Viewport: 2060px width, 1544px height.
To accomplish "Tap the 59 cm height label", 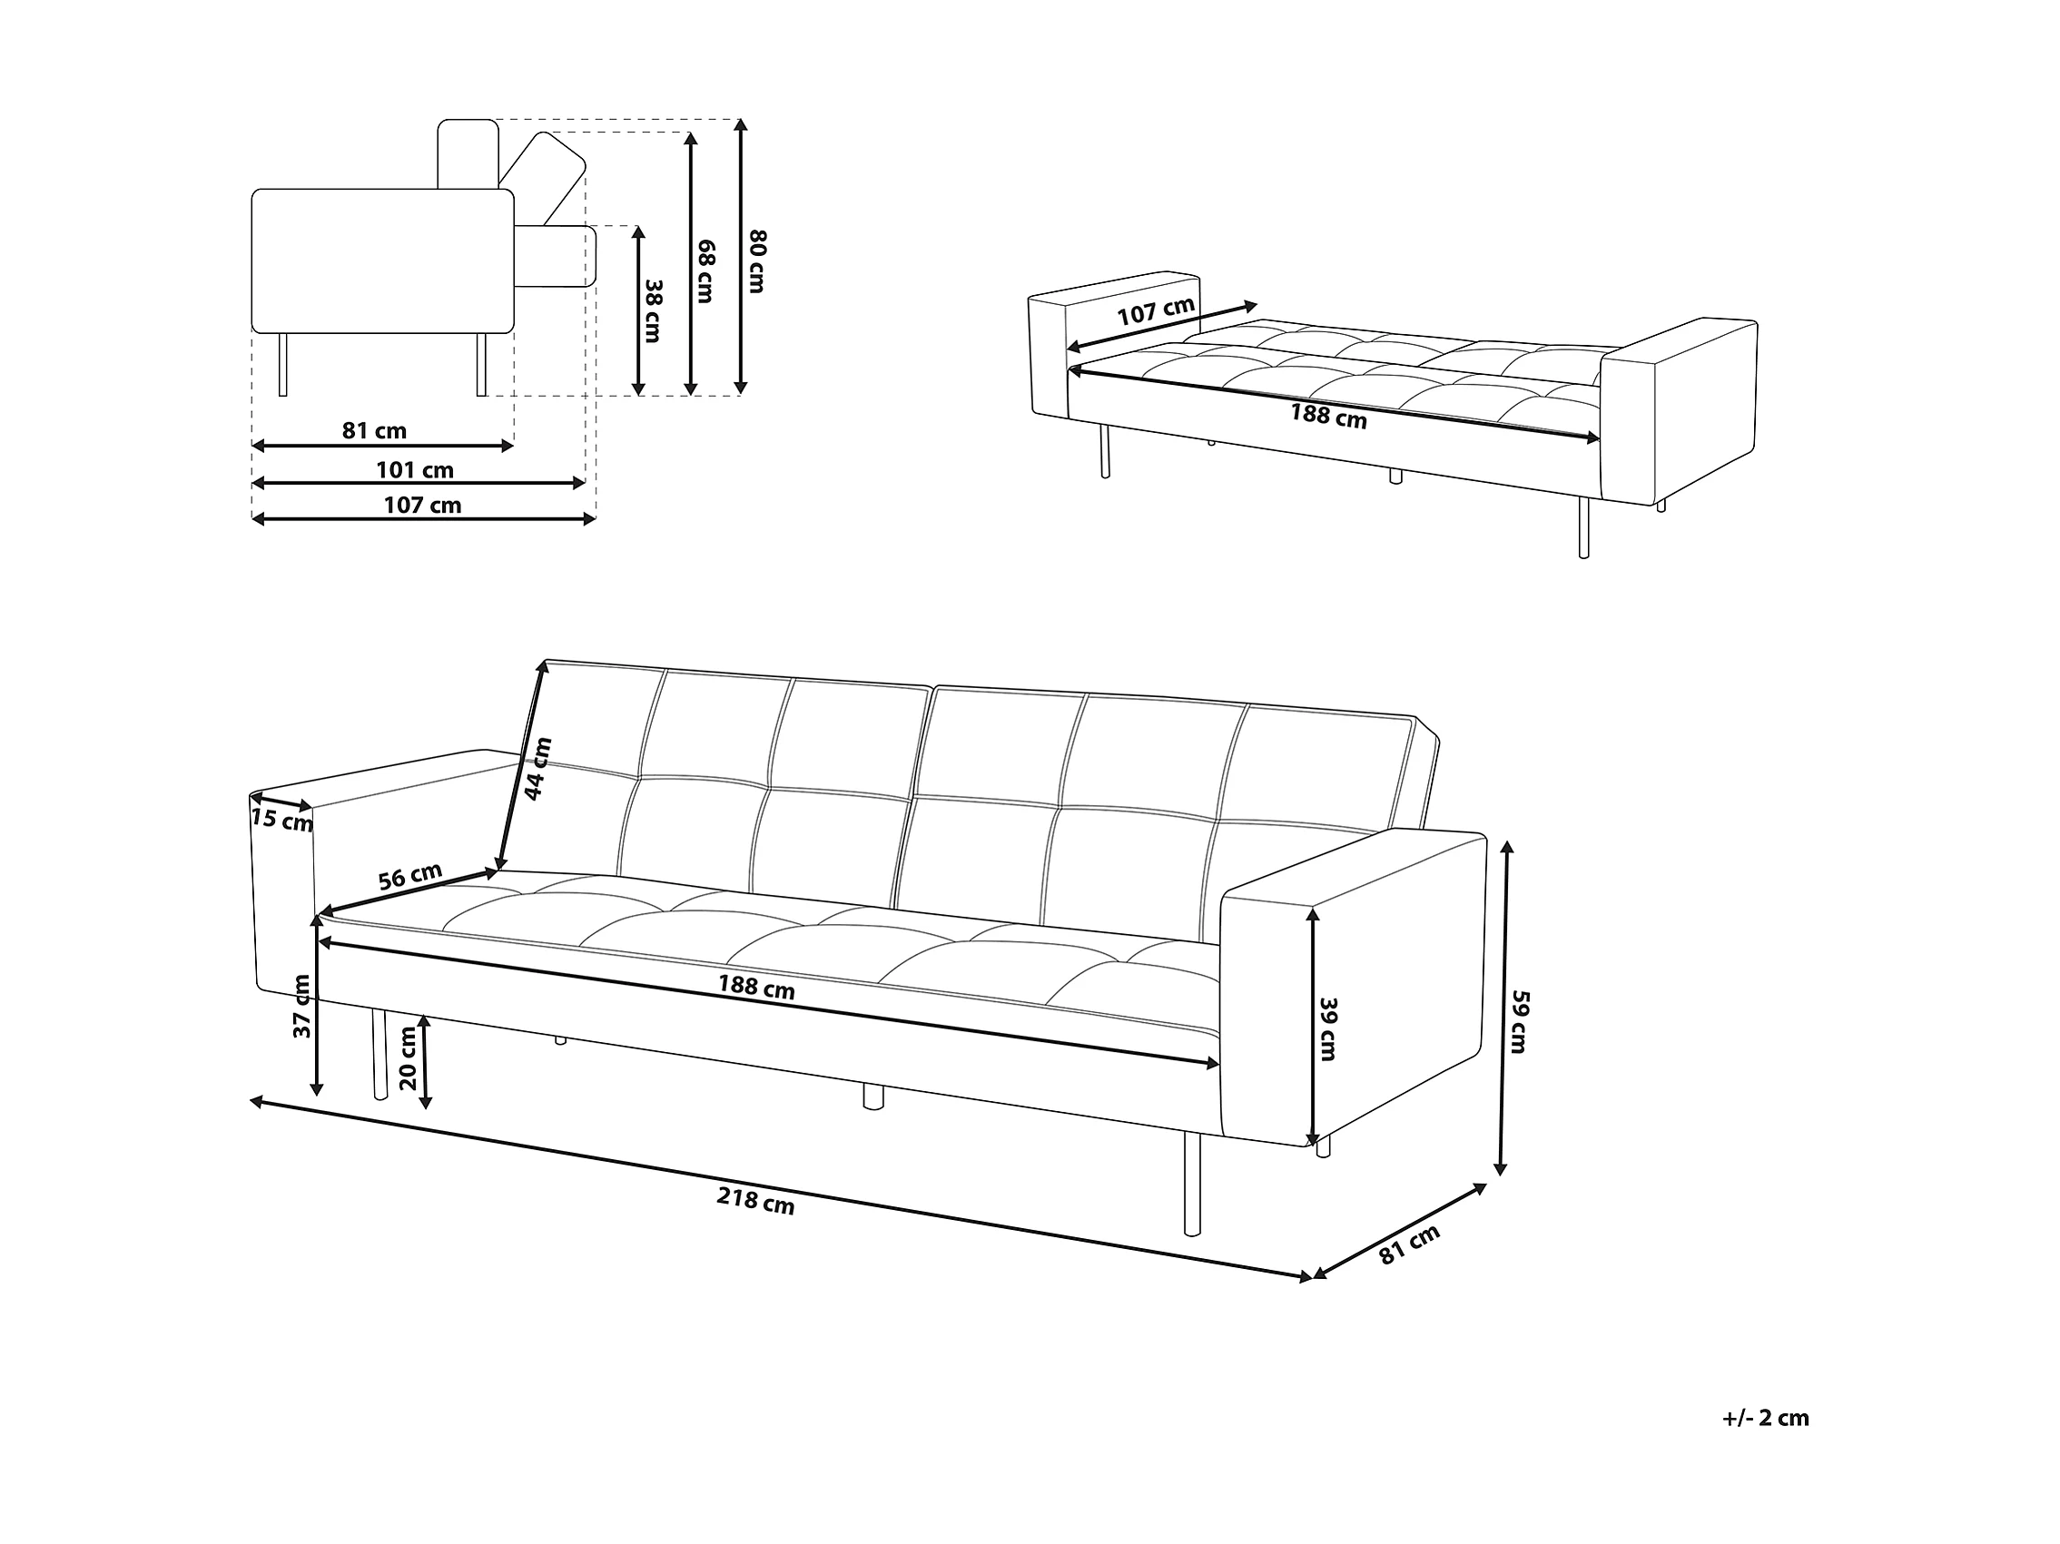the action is (x=1517, y=1021).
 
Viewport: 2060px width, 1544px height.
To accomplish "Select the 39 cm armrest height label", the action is (x=1328, y=1028).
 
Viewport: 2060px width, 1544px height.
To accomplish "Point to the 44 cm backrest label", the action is (x=538, y=768).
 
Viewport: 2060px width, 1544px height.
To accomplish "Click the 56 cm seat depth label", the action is (x=409, y=876).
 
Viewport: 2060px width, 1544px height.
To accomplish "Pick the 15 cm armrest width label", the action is (x=282, y=821).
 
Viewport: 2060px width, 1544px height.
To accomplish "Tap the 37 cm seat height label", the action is (x=301, y=1007).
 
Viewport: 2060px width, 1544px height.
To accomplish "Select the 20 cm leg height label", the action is (x=407, y=1057).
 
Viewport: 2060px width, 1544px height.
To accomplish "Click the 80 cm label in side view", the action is (x=756, y=261).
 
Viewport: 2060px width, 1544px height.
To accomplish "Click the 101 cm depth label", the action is (x=414, y=470).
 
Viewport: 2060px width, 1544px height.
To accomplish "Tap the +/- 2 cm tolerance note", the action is (x=1765, y=1418).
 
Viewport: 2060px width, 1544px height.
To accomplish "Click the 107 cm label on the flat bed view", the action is (x=1156, y=311).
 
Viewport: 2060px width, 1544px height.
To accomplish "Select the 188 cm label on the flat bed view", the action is (x=1328, y=416).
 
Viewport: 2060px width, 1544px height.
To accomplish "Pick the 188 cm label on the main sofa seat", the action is (x=755, y=986).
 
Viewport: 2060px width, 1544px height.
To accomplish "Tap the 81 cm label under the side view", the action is (x=374, y=430).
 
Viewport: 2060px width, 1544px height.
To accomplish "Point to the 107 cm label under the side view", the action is (x=423, y=506).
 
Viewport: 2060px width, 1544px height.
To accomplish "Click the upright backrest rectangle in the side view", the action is (x=468, y=153).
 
